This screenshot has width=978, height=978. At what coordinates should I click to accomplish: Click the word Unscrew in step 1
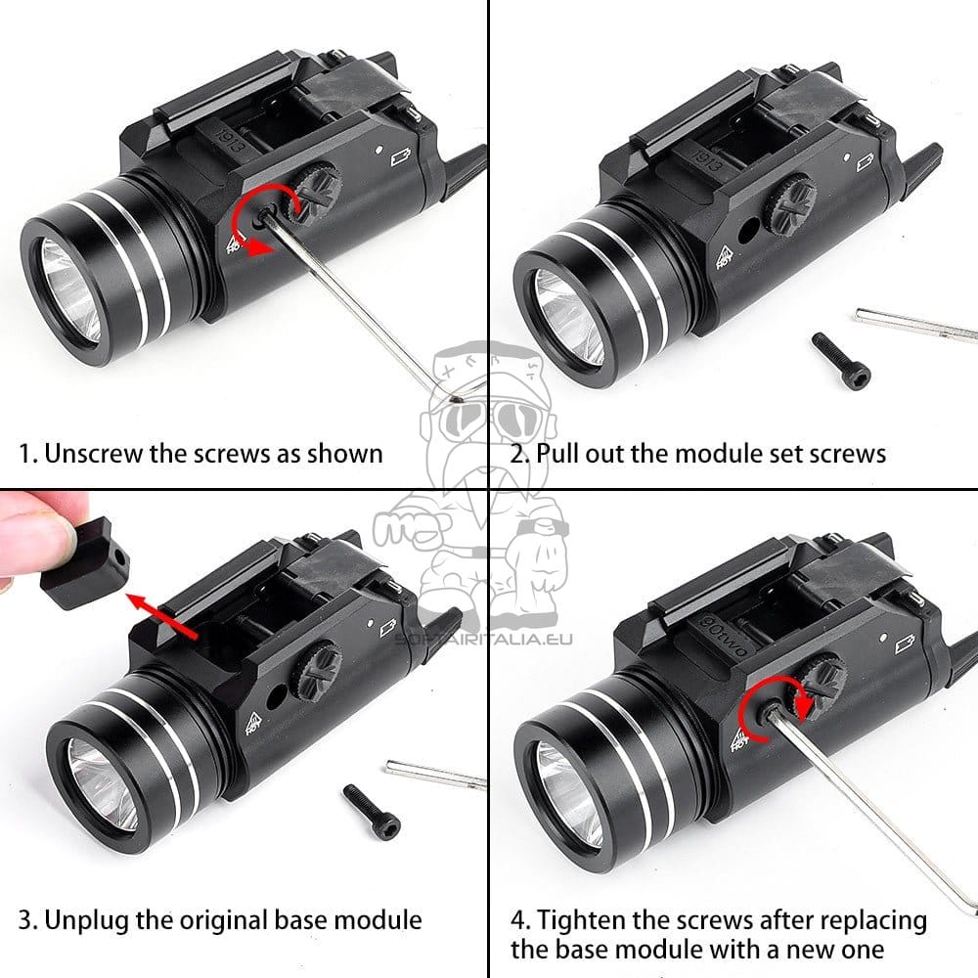click(x=94, y=454)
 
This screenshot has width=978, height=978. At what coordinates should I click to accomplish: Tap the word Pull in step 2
click(x=557, y=453)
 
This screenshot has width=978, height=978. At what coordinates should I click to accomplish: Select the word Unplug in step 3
click(x=86, y=920)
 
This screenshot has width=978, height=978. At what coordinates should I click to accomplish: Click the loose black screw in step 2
click(x=841, y=361)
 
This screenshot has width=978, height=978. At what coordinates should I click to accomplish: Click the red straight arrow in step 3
click(x=162, y=617)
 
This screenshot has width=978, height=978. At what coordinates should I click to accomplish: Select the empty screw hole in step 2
click(x=747, y=231)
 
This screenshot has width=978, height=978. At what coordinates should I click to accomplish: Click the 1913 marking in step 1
click(x=228, y=140)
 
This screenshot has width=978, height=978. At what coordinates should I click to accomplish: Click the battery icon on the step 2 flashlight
click(x=866, y=162)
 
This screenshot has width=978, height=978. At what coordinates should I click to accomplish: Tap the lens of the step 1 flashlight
click(x=69, y=289)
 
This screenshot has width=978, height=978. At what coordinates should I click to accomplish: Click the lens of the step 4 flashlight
click(x=567, y=793)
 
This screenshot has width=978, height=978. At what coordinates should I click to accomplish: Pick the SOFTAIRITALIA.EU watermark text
click(x=483, y=639)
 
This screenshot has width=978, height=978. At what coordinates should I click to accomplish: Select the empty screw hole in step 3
click(x=277, y=697)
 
